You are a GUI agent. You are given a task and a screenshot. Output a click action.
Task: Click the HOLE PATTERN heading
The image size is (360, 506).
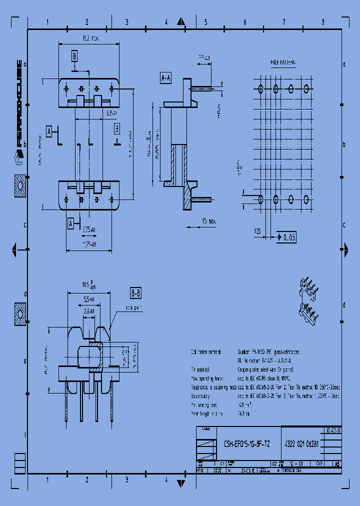click(283, 63)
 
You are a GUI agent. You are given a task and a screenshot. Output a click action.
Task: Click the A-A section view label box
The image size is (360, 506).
click(165, 78)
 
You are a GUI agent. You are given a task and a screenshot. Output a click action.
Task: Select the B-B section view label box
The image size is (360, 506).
click(135, 293)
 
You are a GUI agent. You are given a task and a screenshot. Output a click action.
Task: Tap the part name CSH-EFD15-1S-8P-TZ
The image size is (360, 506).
click(246, 443)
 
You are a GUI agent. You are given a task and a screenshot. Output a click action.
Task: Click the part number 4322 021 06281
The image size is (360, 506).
click(301, 443)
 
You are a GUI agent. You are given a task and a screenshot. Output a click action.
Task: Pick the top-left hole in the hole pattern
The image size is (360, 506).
click(260, 88)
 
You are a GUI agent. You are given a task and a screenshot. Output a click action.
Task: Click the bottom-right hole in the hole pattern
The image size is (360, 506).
click(306, 199)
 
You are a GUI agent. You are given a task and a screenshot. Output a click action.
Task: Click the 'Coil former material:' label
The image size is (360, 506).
click(208, 352)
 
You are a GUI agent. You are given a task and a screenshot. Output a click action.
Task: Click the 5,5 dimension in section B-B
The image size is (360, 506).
click(88, 299)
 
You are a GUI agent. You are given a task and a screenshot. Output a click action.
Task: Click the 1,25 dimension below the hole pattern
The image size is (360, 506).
click(258, 231)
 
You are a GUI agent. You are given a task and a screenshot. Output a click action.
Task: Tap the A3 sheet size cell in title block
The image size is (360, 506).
click(337, 463)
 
